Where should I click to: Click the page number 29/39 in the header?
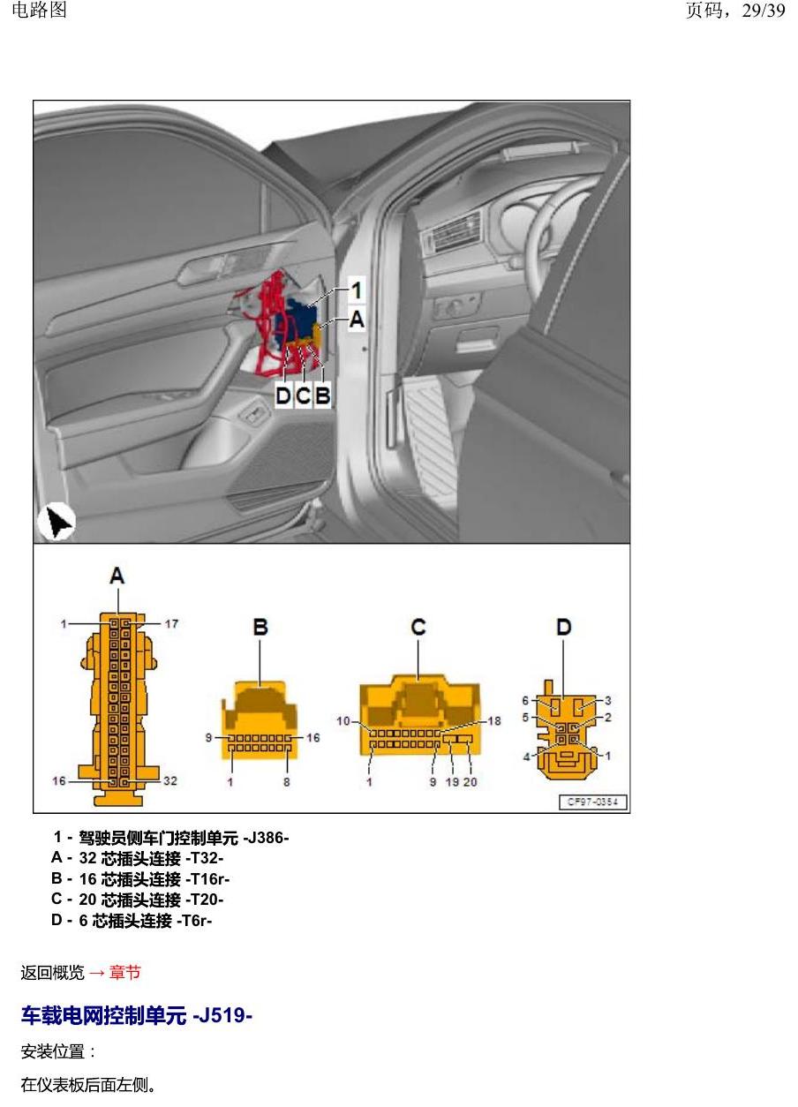click(763, 11)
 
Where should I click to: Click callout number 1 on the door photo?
click(357, 290)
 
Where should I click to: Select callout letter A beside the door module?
click(357, 320)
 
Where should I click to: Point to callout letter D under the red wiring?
click(283, 395)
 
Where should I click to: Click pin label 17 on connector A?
click(171, 623)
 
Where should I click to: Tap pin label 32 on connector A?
click(170, 780)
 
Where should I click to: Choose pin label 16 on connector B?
click(312, 737)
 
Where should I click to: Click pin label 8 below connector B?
click(286, 782)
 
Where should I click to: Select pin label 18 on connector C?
click(494, 721)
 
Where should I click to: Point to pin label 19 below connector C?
click(452, 782)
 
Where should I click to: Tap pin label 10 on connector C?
click(343, 721)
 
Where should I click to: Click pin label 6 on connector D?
click(525, 700)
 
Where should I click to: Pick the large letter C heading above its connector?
click(418, 627)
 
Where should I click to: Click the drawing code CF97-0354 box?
click(593, 802)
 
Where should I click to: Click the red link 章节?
click(125, 973)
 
